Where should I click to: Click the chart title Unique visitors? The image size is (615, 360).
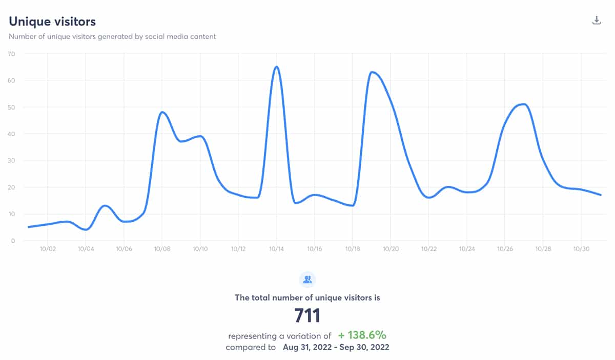52,22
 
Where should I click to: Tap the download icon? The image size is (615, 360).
596,20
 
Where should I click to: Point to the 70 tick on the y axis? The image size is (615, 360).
11,54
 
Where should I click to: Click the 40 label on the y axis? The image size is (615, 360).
11,134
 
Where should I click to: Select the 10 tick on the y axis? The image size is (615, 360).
11,214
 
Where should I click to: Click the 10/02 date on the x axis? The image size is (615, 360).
48,249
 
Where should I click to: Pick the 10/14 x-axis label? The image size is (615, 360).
276,249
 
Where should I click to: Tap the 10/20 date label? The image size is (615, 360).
391,249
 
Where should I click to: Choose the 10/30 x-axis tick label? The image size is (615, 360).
581,249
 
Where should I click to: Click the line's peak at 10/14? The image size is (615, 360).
276,67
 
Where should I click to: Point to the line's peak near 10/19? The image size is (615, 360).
372,72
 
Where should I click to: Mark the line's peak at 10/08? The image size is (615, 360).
162,112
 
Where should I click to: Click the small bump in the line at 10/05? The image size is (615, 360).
105,206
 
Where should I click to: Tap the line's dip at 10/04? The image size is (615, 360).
86,229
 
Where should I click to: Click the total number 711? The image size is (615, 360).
307,315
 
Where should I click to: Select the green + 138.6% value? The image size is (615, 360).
362,335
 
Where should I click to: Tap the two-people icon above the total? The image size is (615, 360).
307,280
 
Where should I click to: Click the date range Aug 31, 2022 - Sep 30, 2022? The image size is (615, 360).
336,347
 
